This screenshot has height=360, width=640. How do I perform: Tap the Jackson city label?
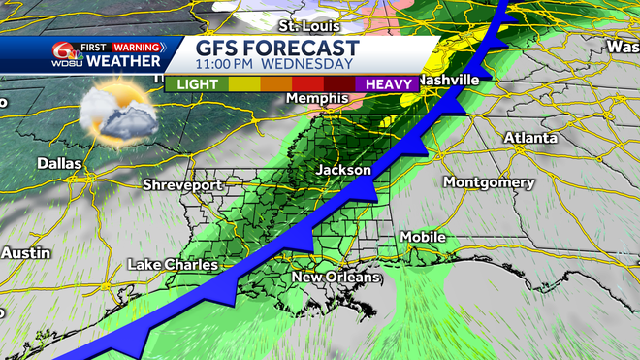[344, 170]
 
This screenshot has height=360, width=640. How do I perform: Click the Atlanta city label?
[530, 138]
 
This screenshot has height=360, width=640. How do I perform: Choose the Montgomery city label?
[488, 182]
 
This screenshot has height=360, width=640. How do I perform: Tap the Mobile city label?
[424, 237]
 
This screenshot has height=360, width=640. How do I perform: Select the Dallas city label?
[59, 164]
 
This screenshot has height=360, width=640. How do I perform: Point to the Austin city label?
[18, 252]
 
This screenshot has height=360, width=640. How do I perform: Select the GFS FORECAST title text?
[278, 48]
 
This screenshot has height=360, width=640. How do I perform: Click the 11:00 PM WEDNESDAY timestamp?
[274, 65]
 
